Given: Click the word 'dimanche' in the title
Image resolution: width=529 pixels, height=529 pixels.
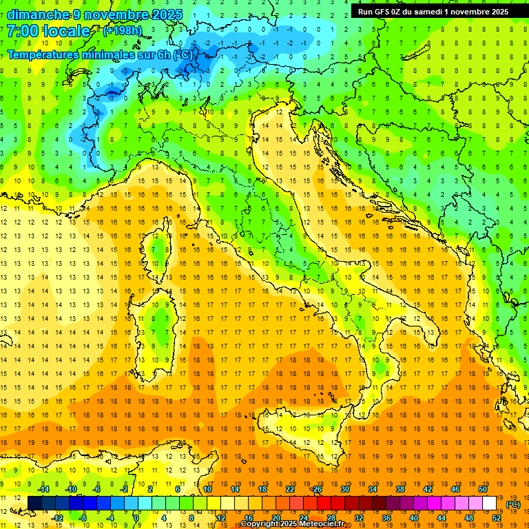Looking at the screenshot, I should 36,14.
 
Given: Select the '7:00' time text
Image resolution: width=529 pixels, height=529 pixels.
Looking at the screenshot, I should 22,32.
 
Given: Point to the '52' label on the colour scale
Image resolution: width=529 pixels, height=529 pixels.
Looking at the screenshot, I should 497,518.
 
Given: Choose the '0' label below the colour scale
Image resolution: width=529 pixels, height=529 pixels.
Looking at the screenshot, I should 136,518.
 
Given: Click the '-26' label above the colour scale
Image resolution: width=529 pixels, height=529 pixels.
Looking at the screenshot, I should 316,489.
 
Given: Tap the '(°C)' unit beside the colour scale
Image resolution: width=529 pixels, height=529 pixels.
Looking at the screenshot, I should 513,504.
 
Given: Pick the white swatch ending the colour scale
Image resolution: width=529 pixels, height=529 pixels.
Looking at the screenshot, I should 490,504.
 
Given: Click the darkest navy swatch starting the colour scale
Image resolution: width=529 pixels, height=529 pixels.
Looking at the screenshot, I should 34,504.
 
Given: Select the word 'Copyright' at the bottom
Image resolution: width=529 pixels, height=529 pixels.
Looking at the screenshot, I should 260,524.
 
